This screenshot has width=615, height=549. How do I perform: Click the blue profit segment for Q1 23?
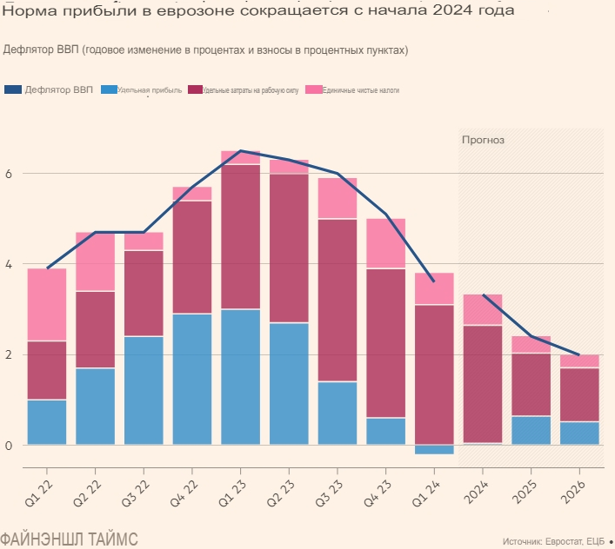[x=240, y=377]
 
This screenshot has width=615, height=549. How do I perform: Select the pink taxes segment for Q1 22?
[x=46, y=304]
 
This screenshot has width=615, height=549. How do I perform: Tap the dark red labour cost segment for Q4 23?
[x=385, y=343]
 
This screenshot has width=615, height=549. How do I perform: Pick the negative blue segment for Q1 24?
[x=434, y=449]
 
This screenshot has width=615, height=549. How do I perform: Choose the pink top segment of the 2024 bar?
[x=482, y=309]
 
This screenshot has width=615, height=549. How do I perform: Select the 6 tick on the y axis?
[x=8, y=174]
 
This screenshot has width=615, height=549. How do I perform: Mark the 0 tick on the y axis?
[x=8, y=445]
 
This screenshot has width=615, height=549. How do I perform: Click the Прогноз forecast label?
[x=483, y=139]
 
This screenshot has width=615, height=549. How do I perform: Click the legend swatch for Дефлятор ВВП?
[x=12, y=89]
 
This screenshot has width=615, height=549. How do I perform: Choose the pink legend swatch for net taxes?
[x=313, y=89]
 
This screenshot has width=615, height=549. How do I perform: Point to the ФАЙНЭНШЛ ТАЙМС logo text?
[x=69, y=538]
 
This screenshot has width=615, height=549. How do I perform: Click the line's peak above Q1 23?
[x=240, y=151]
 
